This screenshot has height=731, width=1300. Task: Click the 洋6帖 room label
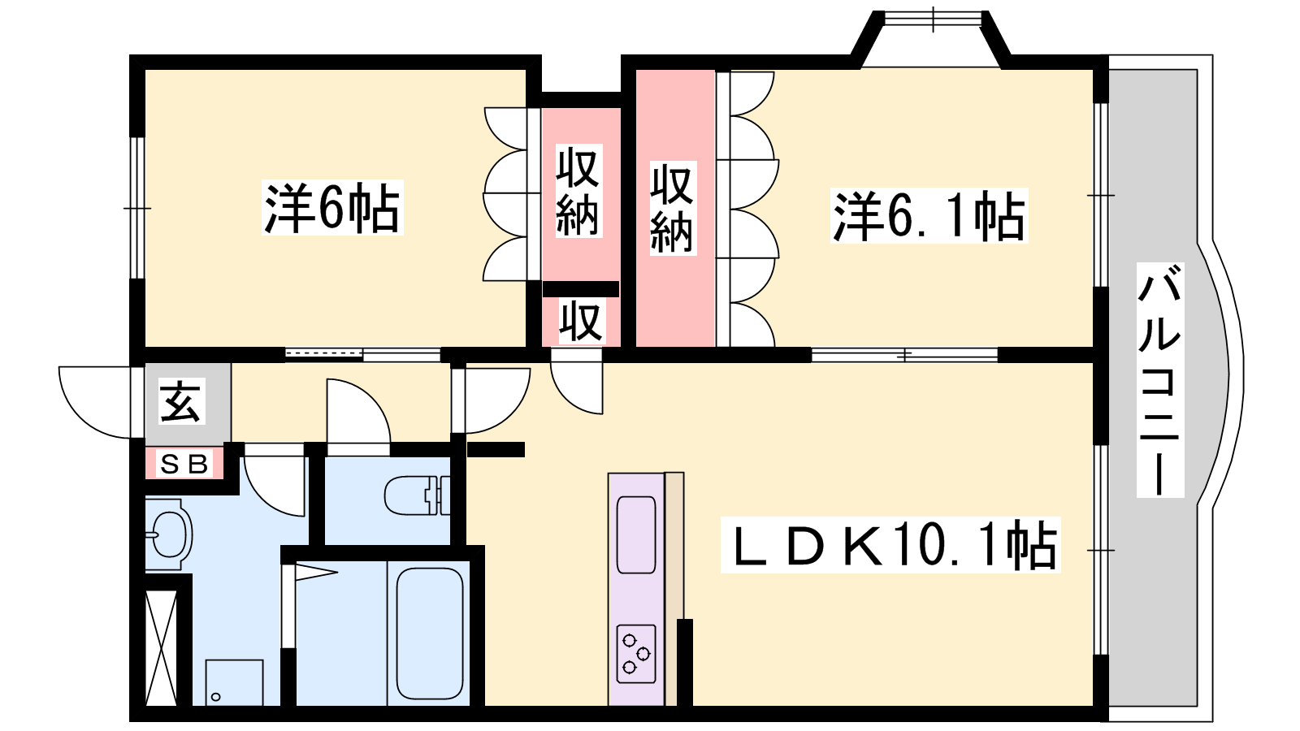(332, 208)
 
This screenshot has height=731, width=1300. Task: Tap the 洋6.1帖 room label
(929, 215)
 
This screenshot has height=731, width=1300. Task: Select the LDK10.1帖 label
(890, 545)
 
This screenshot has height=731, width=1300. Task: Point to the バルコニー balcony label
(1159, 380)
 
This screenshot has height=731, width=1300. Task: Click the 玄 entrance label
(182, 401)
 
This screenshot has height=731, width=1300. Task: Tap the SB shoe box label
(184, 464)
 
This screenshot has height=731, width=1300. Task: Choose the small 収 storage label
(581, 321)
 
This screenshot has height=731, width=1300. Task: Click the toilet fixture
(417, 495)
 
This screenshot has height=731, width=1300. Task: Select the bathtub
(430, 634)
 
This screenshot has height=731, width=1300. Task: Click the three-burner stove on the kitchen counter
(636, 654)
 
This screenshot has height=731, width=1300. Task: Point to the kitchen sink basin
(636, 534)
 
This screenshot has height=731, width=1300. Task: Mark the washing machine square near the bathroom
(234, 682)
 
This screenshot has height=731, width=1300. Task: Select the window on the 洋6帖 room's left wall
(136, 208)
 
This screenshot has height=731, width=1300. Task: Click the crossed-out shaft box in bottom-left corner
(161, 648)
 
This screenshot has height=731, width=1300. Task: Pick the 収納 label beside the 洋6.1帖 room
(671, 208)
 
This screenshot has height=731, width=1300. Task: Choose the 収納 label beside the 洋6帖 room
(578, 191)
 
